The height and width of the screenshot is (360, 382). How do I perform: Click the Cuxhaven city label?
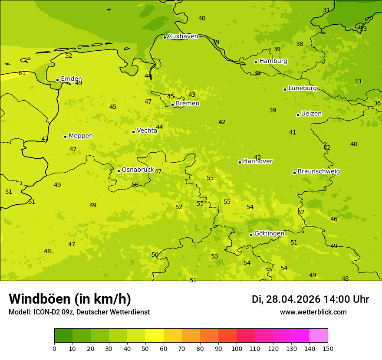(183, 36)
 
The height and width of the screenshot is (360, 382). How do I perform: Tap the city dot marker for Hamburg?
(256, 62)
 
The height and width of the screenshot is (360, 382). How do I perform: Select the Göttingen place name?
(269, 234)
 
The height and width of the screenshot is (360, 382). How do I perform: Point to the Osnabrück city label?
(138, 170)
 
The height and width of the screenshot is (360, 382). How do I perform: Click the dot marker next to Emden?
(57, 80)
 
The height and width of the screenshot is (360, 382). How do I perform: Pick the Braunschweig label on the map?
(319, 172)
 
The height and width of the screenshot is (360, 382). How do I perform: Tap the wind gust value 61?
(22, 73)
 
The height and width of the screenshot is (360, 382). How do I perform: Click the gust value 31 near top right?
(326, 10)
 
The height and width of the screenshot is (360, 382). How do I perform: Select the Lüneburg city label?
(302, 88)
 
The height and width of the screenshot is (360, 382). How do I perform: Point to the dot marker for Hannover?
(240, 162)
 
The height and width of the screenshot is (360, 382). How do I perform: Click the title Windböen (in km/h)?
(70, 299)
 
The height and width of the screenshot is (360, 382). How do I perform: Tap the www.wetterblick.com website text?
(313, 312)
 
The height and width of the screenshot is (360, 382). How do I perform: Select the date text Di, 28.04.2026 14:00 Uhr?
(310, 299)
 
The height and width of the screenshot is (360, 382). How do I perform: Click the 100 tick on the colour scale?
(237, 348)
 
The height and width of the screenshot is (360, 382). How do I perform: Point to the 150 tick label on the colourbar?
(328, 348)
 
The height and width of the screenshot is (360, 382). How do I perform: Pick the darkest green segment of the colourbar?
(63, 336)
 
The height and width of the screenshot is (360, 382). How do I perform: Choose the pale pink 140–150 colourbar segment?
(319, 336)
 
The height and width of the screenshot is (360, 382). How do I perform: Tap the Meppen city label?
(80, 136)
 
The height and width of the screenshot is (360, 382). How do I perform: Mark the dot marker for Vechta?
(133, 132)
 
